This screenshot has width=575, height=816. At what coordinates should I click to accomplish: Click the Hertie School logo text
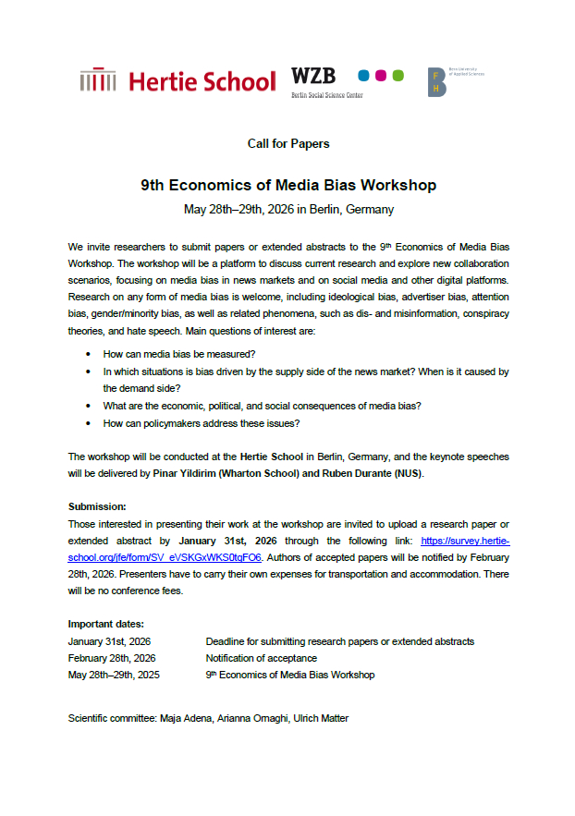(202, 81)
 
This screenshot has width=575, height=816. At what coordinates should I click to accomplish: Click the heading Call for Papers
(287, 144)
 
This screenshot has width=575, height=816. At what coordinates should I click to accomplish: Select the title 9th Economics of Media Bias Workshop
(287, 185)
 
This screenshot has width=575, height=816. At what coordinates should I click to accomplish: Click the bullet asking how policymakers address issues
(202, 422)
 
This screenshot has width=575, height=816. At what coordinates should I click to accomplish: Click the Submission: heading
(97, 507)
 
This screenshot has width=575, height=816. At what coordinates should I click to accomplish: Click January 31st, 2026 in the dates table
(110, 641)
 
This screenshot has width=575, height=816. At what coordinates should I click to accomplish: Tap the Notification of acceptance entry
(261, 658)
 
